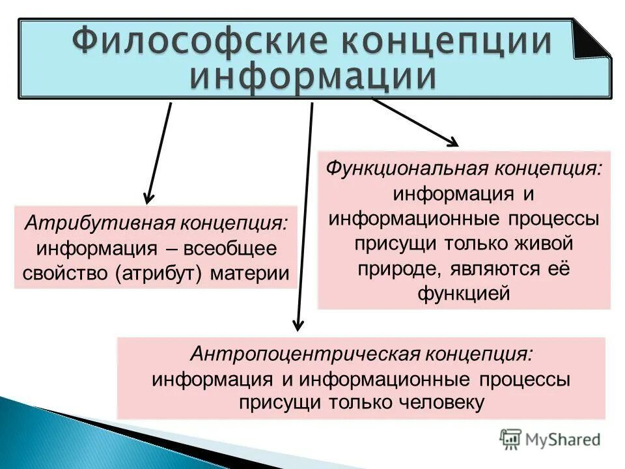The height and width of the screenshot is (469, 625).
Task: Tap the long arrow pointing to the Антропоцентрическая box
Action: [x=305, y=215]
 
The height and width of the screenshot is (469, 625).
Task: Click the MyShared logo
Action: [x=550, y=438]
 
